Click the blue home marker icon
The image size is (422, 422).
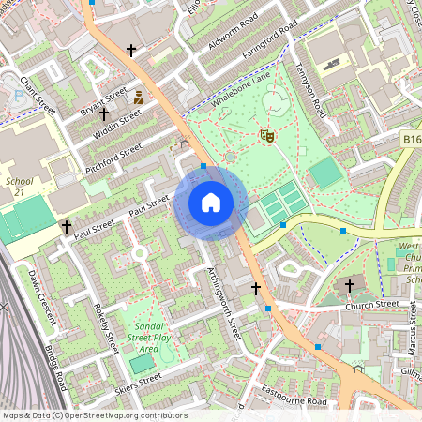pos(211,203)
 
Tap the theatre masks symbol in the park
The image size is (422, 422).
pos(266,137)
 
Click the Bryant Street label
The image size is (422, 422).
pos(103,99)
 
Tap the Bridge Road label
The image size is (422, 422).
pos(57,368)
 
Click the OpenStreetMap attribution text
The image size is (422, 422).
pos(94,415)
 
